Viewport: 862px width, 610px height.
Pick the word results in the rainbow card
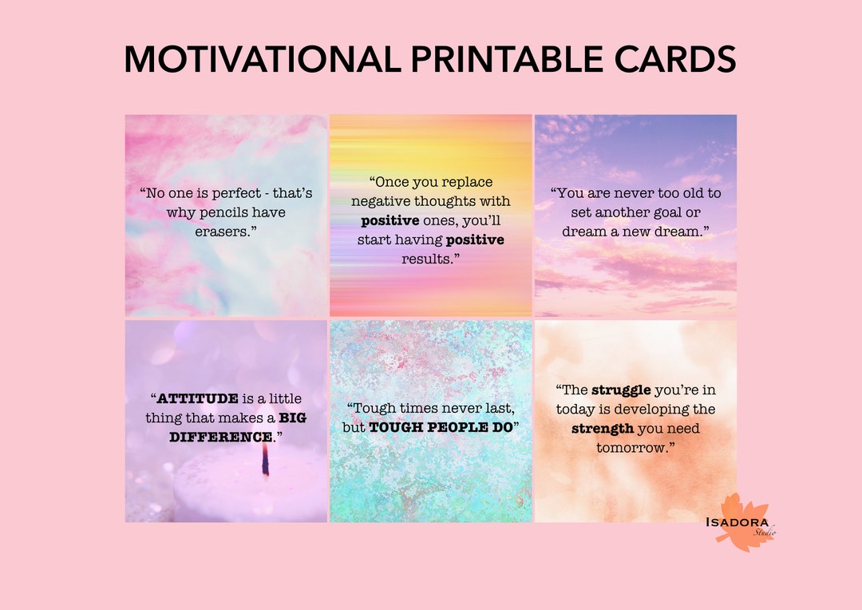point(427,259)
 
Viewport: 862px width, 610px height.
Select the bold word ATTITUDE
point(197,398)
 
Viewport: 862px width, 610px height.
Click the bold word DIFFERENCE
point(220,437)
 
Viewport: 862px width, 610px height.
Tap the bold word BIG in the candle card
point(292,418)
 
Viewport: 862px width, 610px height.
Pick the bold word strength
point(603,429)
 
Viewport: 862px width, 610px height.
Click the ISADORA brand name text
point(737,522)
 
